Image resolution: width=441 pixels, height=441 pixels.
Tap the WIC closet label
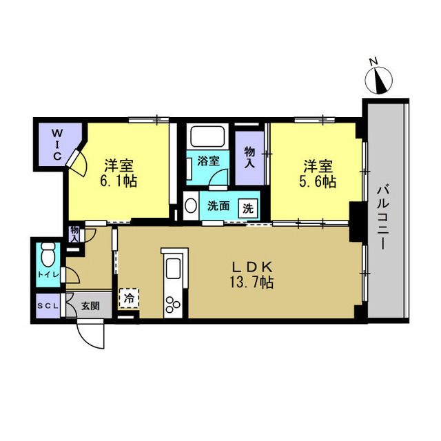(57, 144)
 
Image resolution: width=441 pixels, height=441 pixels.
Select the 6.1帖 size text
(119, 181)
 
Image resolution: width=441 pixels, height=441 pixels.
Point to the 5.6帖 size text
(318, 181)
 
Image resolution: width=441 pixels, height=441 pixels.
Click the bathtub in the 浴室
(207, 136)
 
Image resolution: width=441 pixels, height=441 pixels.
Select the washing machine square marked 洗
(248, 208)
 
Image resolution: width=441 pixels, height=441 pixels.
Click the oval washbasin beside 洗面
(191, 206)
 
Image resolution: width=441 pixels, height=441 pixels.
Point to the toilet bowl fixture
(48, 254)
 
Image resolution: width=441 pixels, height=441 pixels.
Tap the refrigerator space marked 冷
(129, 298)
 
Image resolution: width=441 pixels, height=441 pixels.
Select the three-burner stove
(172, 305)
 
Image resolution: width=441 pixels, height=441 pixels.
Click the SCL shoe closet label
(48, 306)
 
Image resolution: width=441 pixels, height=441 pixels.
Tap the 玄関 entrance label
(90, 306)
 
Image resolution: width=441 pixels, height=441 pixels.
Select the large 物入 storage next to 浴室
(249, 158)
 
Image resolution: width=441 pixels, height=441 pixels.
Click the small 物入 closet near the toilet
(74, 234)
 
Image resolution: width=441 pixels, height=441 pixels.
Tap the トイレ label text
(48, 275)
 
